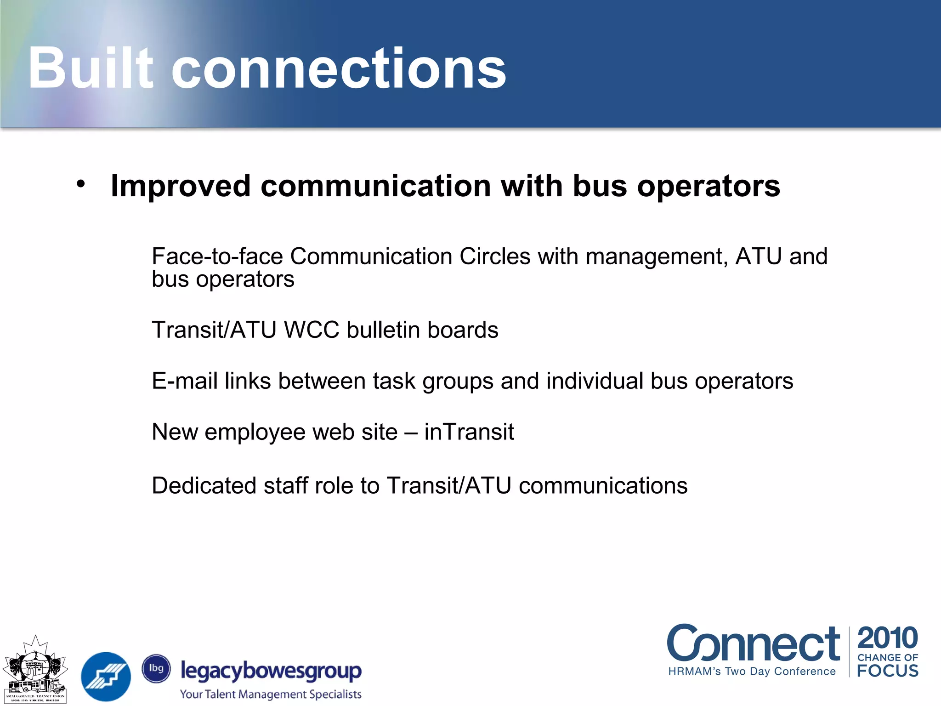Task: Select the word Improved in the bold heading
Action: click(x=181, y=186)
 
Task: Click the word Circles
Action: click(x=495, y=256)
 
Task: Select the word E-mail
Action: click(x=184, y=381)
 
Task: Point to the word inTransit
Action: click(x=469, y=432)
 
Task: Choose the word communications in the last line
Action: click(x=603, y=486)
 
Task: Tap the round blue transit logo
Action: click(x=106, y=676)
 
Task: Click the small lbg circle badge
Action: click(x=156, y=668)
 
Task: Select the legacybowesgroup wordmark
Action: click(x=271, y=671)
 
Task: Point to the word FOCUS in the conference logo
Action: click(x=887, y=671)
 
